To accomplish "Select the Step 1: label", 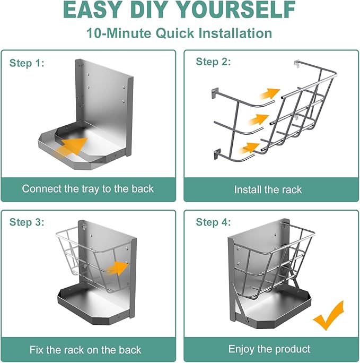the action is (27, 63).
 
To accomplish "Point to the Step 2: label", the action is (213, 62).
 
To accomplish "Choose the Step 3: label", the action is (27, 222).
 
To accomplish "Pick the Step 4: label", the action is (213, 222).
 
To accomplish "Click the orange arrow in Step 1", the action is (71, 146).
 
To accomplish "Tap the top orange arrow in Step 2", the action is (269, 93).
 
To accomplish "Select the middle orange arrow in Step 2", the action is (259, 119).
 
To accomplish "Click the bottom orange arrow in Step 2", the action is (249, 148).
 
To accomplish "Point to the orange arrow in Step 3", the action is (117, 268).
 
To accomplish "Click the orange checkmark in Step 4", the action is (328, 315).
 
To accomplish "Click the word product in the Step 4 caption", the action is (293, 349).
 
